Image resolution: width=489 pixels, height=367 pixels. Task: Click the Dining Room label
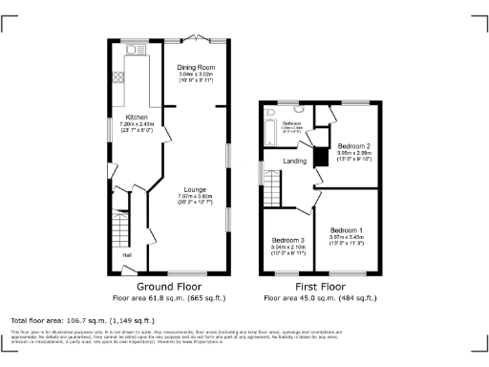[196, 68]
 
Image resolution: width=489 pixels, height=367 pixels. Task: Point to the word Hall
[126, 255]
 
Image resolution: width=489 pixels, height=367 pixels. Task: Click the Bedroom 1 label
[346, 230]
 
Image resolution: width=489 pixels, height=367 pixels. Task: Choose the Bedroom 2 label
[353, 145]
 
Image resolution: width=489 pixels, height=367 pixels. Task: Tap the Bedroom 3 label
[287, 239]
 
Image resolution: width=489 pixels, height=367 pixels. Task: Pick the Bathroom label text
[291, 123]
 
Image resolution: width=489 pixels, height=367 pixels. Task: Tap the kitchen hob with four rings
[119, 78]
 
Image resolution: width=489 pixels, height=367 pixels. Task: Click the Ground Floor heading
[168, 286]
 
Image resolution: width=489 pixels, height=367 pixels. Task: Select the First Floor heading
[320, 286]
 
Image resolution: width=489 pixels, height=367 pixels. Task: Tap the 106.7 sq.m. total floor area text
[82, 320]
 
